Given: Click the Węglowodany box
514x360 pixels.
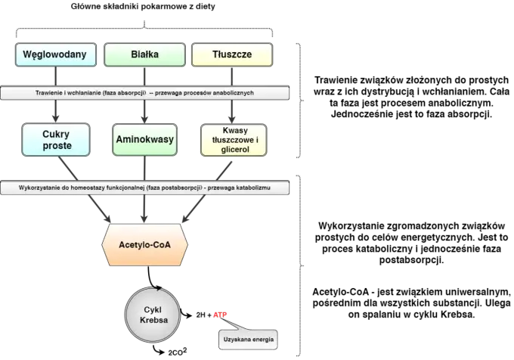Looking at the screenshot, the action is pos(56,54).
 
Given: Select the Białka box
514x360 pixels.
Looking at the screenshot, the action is pos(144,54).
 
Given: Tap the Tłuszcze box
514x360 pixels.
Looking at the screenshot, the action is pos(232,54).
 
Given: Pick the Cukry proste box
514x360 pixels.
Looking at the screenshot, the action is pos(56,140).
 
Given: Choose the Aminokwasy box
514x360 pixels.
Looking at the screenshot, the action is pos(144,140).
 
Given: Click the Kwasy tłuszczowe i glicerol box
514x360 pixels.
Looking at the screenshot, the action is pos(234,140).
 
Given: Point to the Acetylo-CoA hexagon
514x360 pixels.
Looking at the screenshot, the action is pos(144,245).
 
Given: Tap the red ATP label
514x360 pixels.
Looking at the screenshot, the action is pos(220,315).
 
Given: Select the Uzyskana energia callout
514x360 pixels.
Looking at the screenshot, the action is pos(248,340).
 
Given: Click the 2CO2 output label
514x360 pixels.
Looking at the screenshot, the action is pos(178,352).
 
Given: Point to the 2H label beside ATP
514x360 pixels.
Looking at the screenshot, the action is pos(200,315).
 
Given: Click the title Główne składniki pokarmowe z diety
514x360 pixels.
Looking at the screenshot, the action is pos(143,7).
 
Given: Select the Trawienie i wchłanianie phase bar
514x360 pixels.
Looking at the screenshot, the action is pos(144,93).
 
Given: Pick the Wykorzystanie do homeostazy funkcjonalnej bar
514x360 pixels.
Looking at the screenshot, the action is pos(144,188).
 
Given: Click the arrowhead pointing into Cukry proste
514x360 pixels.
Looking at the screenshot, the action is pos(56,119).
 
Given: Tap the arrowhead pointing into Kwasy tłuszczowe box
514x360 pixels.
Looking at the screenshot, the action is pos(232,119).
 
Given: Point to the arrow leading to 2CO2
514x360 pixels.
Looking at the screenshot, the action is pos(159,350).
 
